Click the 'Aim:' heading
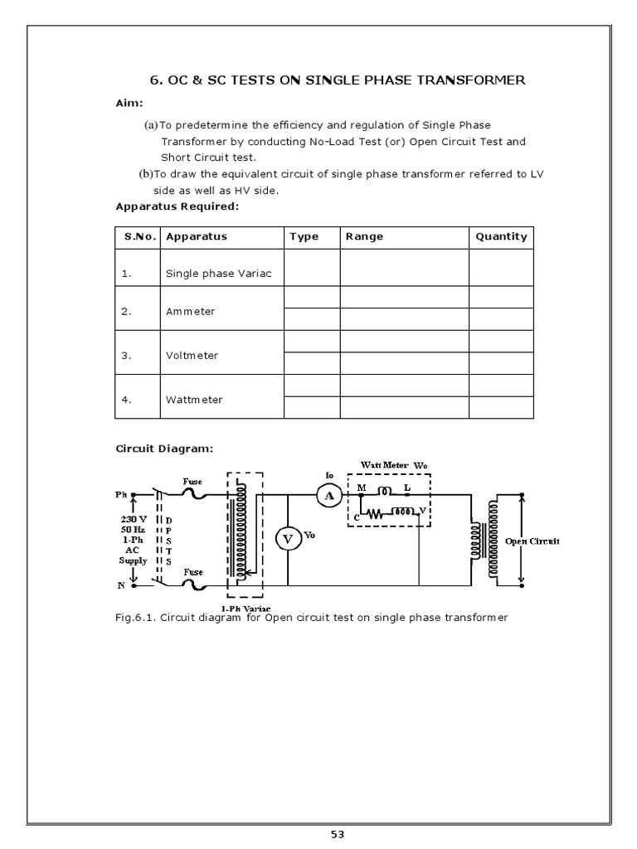pyautogui.click(x=129, y=104)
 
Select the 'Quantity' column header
pyautogui.click(x=501, y=236)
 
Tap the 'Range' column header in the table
pyautogui.click(x=364, y=236)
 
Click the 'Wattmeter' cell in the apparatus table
pyautogui.click(x=194, y=399)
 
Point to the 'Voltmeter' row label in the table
pyautogui.click(x=192, y=355)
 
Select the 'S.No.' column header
pyautogui.click(x=140, y=236)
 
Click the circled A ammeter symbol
pyautogui.click(x=329, y=495)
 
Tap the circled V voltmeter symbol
pyautogui.click(x=289, y=539)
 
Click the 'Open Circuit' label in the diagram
pyautogui.click(x=533, y=541)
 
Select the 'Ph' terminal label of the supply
pyautogui.click(x=121, y=495)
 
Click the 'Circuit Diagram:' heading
pyautogui.click(x=163, y=449)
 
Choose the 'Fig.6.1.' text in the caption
pyautogui.click(x=135, y=618)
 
